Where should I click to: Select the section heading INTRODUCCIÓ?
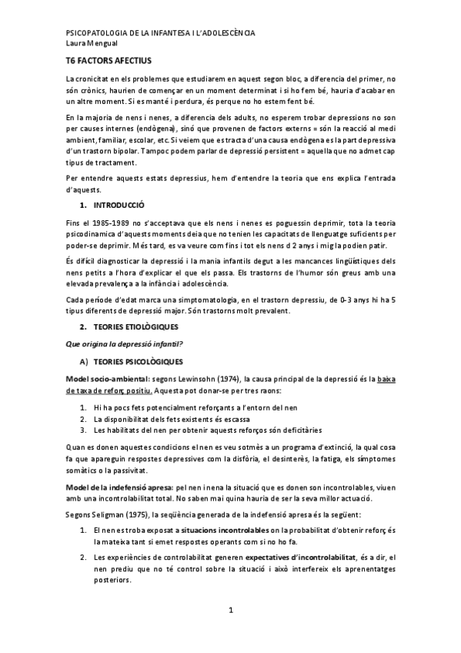(x=119, y=206)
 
